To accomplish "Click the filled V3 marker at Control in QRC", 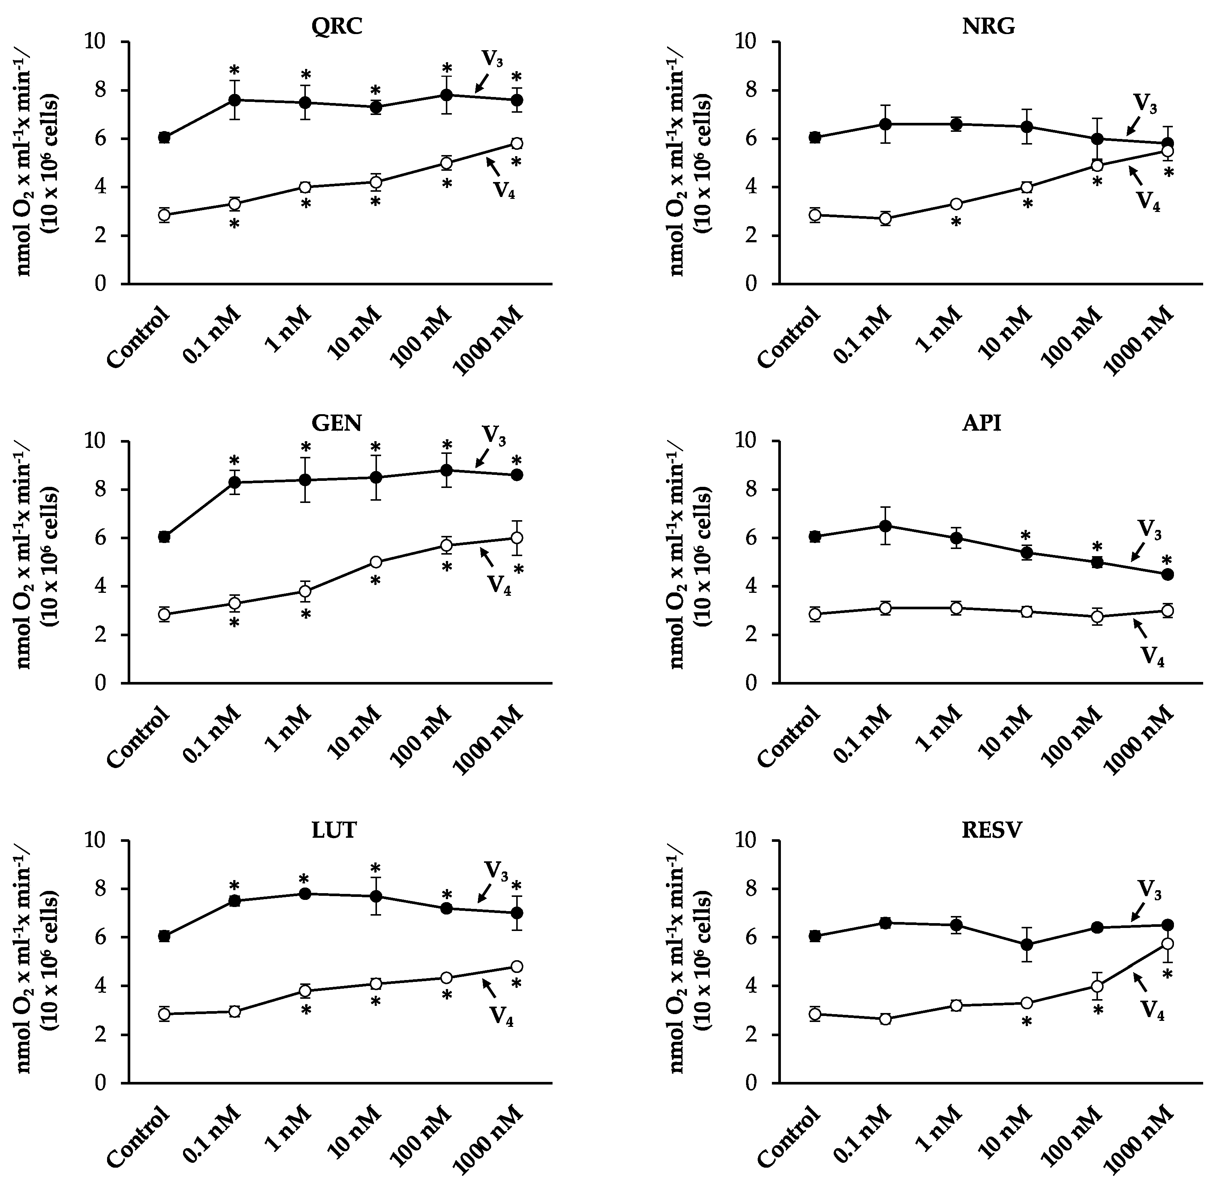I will [164, 137].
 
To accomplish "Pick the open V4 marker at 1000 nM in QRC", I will [517, 144].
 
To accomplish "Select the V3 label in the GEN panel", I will [494, 436].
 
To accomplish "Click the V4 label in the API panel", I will [1152, 656].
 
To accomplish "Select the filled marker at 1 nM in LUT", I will [305, 894].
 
